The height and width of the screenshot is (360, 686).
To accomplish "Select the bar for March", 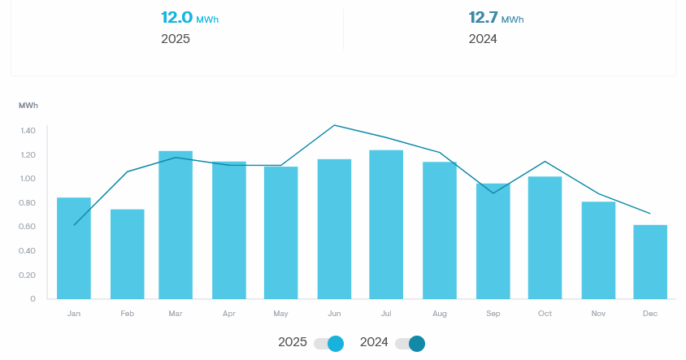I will coord(176,225).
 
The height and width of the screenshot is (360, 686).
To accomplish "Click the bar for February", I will coord(128,254).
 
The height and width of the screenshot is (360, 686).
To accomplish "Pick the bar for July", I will coord(386,224).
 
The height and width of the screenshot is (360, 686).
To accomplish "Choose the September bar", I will coord(492,241).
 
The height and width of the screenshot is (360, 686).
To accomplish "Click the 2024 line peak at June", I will coord(334,125).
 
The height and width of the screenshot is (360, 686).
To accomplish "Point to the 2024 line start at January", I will coord(74,224).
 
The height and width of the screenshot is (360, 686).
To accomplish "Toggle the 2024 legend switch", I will coord(410,343).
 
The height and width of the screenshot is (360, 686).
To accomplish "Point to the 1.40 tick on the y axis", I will coord(28,131).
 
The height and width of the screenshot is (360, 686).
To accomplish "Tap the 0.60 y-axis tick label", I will coord(28,227).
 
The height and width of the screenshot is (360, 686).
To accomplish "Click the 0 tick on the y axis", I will coord(33,299).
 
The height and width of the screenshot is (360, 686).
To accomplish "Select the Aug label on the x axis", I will coord(440,314).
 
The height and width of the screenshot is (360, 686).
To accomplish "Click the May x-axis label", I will coord(281,314).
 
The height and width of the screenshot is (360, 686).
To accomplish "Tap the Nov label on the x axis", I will coord(598,314).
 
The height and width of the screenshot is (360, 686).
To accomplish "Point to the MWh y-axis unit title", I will coord(28,106).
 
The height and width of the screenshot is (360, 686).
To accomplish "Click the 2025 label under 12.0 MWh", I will coord(176,38).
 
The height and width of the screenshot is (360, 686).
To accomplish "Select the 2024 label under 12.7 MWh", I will coord(483,38).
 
